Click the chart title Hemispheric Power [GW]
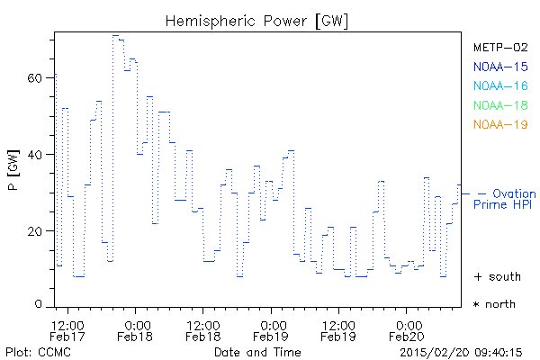pyautogui.click(x=257, y=20)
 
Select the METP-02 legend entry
pyautogui.click(x=499, y=47)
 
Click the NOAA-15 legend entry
pyautogui.click(x=499, y=66)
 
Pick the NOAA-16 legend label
pyautogui.click(x=499, y=85)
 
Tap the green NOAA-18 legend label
pyautogui.click(x=499, y=105)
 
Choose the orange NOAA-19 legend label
pyautogui.click(x=499, y=124)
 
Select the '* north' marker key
pyautogui.click(x=495, y=304)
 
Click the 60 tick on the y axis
pyautogui.click(x=35, y=78)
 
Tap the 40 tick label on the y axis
pyautogui.click(x=35, y=155)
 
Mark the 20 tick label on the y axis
pyautogui.click(x=35, y=231)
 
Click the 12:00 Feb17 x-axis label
pyautogui.click(x=68, y=330)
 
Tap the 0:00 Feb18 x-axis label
pyautogui.click(x=136, y=330)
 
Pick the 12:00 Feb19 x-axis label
pyautogui.click(x=338, y=330)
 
